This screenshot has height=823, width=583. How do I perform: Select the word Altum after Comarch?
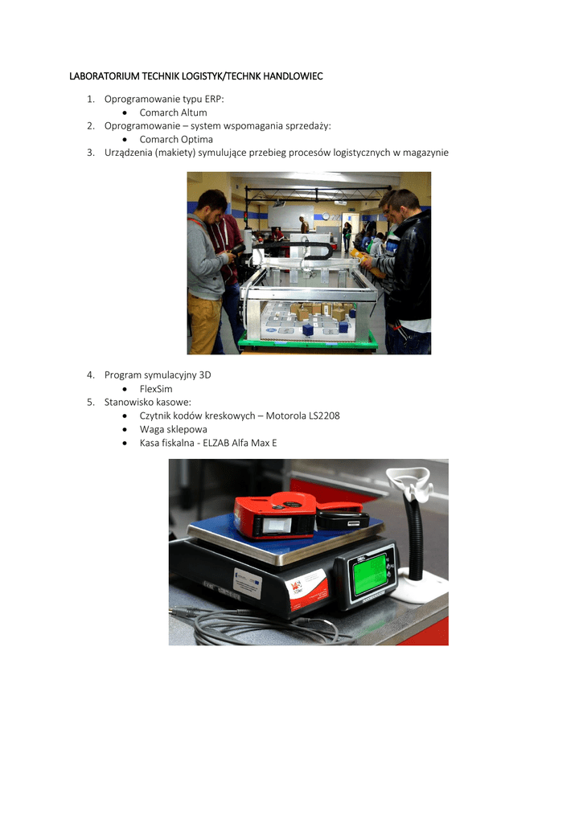(194, 113)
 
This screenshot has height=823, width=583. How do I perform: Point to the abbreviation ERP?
(214, 99)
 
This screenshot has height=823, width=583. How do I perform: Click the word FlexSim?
(156, 389)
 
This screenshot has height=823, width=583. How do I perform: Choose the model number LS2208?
(324, 416)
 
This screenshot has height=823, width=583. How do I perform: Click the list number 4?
(90, 375)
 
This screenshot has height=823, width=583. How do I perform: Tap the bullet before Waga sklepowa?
(125, 429)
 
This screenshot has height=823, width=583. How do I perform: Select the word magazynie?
(425, 153)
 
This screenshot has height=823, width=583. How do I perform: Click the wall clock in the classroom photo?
(326, 216)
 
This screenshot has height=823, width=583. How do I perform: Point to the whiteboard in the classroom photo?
(291, 216)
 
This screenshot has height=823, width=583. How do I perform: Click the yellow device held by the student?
(361, 256)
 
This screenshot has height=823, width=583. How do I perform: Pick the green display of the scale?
(369, 574)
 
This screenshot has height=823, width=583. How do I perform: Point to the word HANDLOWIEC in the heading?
(293, 76)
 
